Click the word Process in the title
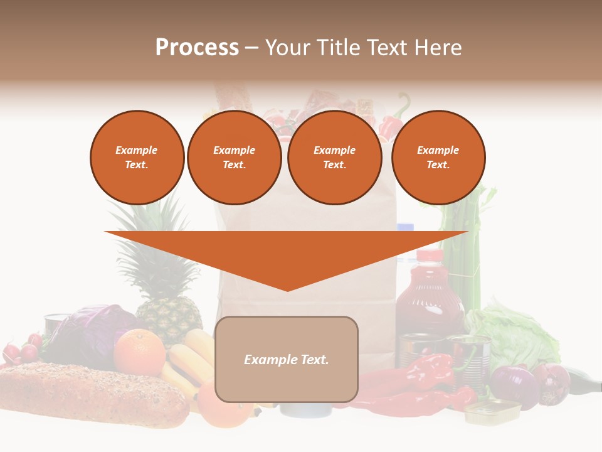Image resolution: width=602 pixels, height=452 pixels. click(x=197, y=48)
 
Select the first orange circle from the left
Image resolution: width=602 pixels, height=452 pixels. click(x=137, y=158)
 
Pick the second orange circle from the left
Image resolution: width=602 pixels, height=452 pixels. click(x=235, y=158)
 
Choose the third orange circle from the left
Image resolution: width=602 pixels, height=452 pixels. click(x=334, y=158)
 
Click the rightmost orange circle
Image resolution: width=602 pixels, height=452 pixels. click(x=438, y=158)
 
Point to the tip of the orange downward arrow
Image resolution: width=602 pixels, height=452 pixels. click(x=288, y=289)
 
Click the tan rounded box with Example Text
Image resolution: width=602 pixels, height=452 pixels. click(x=287, y=359)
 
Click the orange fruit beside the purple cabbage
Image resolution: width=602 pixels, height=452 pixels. click(x=139, y=352)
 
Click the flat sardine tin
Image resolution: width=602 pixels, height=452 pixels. click(x=492, y=412)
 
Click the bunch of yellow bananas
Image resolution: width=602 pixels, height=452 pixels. click(x=188, y=361)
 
